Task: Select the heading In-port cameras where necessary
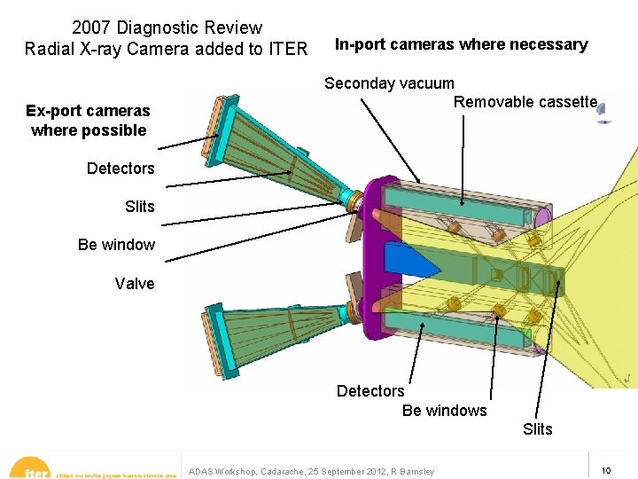461,44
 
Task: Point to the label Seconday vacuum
389,83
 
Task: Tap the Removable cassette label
525,101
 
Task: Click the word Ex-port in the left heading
51,111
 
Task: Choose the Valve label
135,284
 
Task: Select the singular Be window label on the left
116,245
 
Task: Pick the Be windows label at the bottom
444,411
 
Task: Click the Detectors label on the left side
121,169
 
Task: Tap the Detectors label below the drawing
370,391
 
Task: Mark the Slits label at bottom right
538,429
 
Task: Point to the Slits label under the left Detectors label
140,207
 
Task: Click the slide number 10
606,469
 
